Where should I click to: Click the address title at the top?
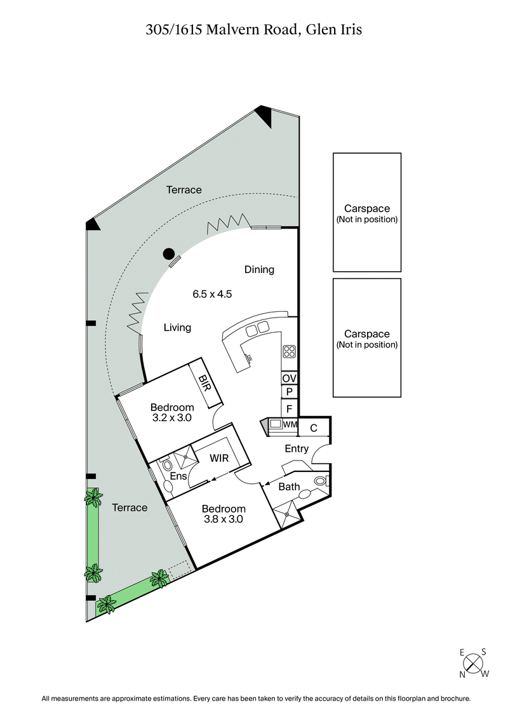[x=253, y=29]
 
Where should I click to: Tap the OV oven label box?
[x=289, y=378]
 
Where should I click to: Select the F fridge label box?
[x=289, y=408]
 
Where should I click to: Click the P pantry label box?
[x=289, y=393]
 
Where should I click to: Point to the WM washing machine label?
[x=290, y=424]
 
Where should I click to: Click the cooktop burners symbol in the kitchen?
[x=289, y=351]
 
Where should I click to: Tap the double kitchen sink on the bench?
[x=257, y=328]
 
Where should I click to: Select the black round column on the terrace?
[x=168, y=254]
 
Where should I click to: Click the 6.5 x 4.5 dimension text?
[x=213, y=294]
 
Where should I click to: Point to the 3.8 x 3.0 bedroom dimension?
[x=223, y=519]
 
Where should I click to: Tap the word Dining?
[x=259, y=269]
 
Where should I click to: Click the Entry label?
[x=297, y=448]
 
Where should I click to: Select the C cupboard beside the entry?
[x=314, y=428]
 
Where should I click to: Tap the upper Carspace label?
[x=367, y=208]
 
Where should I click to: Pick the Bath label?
[x=289, y=487]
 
